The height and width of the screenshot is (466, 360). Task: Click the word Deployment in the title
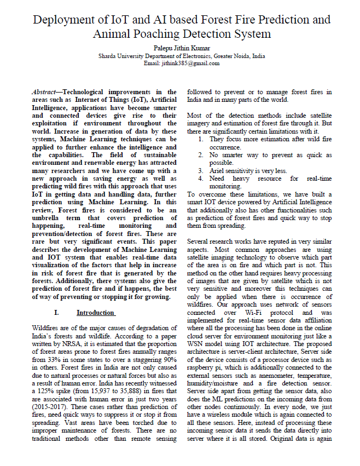pyautogui.click(x=61, y=20)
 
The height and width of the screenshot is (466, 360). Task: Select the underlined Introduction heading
pyautogui.click(x=96, y=313)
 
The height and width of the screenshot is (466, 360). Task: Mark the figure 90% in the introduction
pyautogui.click(x=167, y=361)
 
